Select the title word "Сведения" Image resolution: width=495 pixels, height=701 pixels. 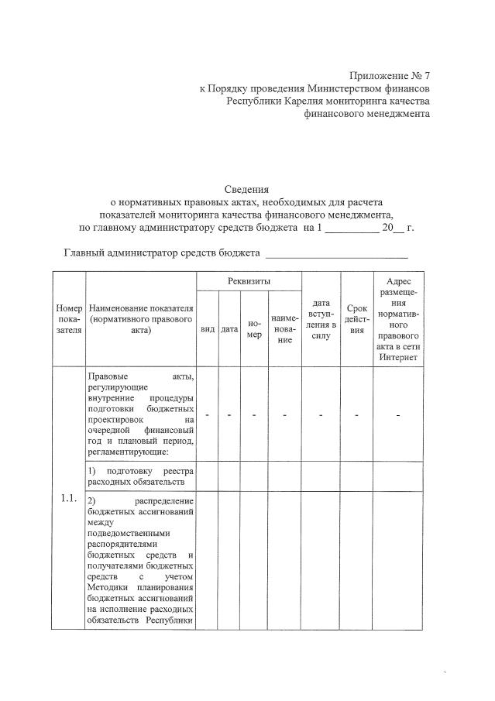tap(247, 188)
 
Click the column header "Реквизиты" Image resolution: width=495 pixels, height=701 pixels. tap(249, 280)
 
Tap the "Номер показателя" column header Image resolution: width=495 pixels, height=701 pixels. tap(69, 318)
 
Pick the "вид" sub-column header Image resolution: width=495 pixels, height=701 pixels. tap(208, 329)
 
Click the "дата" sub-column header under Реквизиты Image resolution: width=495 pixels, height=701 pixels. tap(229, 329)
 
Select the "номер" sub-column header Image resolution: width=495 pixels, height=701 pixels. tap(254, 328)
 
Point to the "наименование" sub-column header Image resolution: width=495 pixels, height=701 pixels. tap(285, 329)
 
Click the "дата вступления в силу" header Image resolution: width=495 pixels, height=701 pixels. tap(321, 318)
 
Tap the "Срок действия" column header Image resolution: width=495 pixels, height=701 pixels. tap(357, 318)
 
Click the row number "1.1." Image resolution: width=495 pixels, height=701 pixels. tap(69, 498)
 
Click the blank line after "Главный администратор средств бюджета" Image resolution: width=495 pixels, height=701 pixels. tap(336, 254)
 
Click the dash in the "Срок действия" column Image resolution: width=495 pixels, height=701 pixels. tap(357, 416)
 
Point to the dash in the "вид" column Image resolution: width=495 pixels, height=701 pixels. tap(208, 416)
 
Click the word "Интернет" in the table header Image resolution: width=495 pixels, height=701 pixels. tap(397, 357)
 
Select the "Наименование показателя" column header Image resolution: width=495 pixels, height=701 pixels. tap(140, 318)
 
